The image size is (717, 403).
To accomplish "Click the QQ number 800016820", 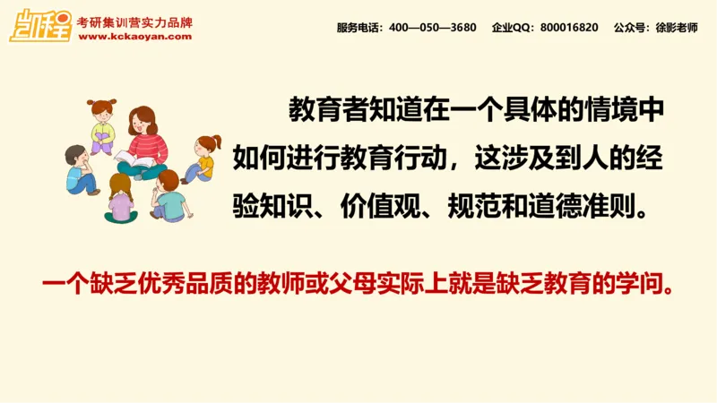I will tap(569, 28).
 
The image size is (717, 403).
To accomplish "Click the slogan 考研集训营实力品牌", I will tap(134, 21).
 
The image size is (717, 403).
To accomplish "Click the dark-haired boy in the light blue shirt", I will tap(81, 170).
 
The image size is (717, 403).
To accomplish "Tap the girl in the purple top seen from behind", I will tap(120, 199).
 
